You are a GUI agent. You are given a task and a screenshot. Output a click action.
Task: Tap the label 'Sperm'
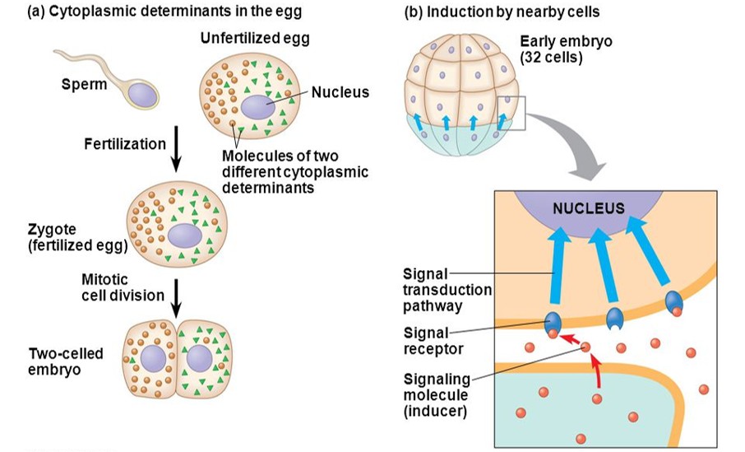click(84, 84)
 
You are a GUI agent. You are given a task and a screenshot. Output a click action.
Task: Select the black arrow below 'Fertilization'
click(177, 153)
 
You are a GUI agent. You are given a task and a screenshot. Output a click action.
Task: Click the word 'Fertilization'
click(124, 144)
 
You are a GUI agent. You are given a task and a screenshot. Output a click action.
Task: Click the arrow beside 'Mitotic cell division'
click(175, 295)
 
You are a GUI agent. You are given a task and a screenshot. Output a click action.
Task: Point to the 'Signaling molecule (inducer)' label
click(436, 394)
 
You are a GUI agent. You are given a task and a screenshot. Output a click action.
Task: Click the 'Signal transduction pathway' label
click(447, 289)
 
